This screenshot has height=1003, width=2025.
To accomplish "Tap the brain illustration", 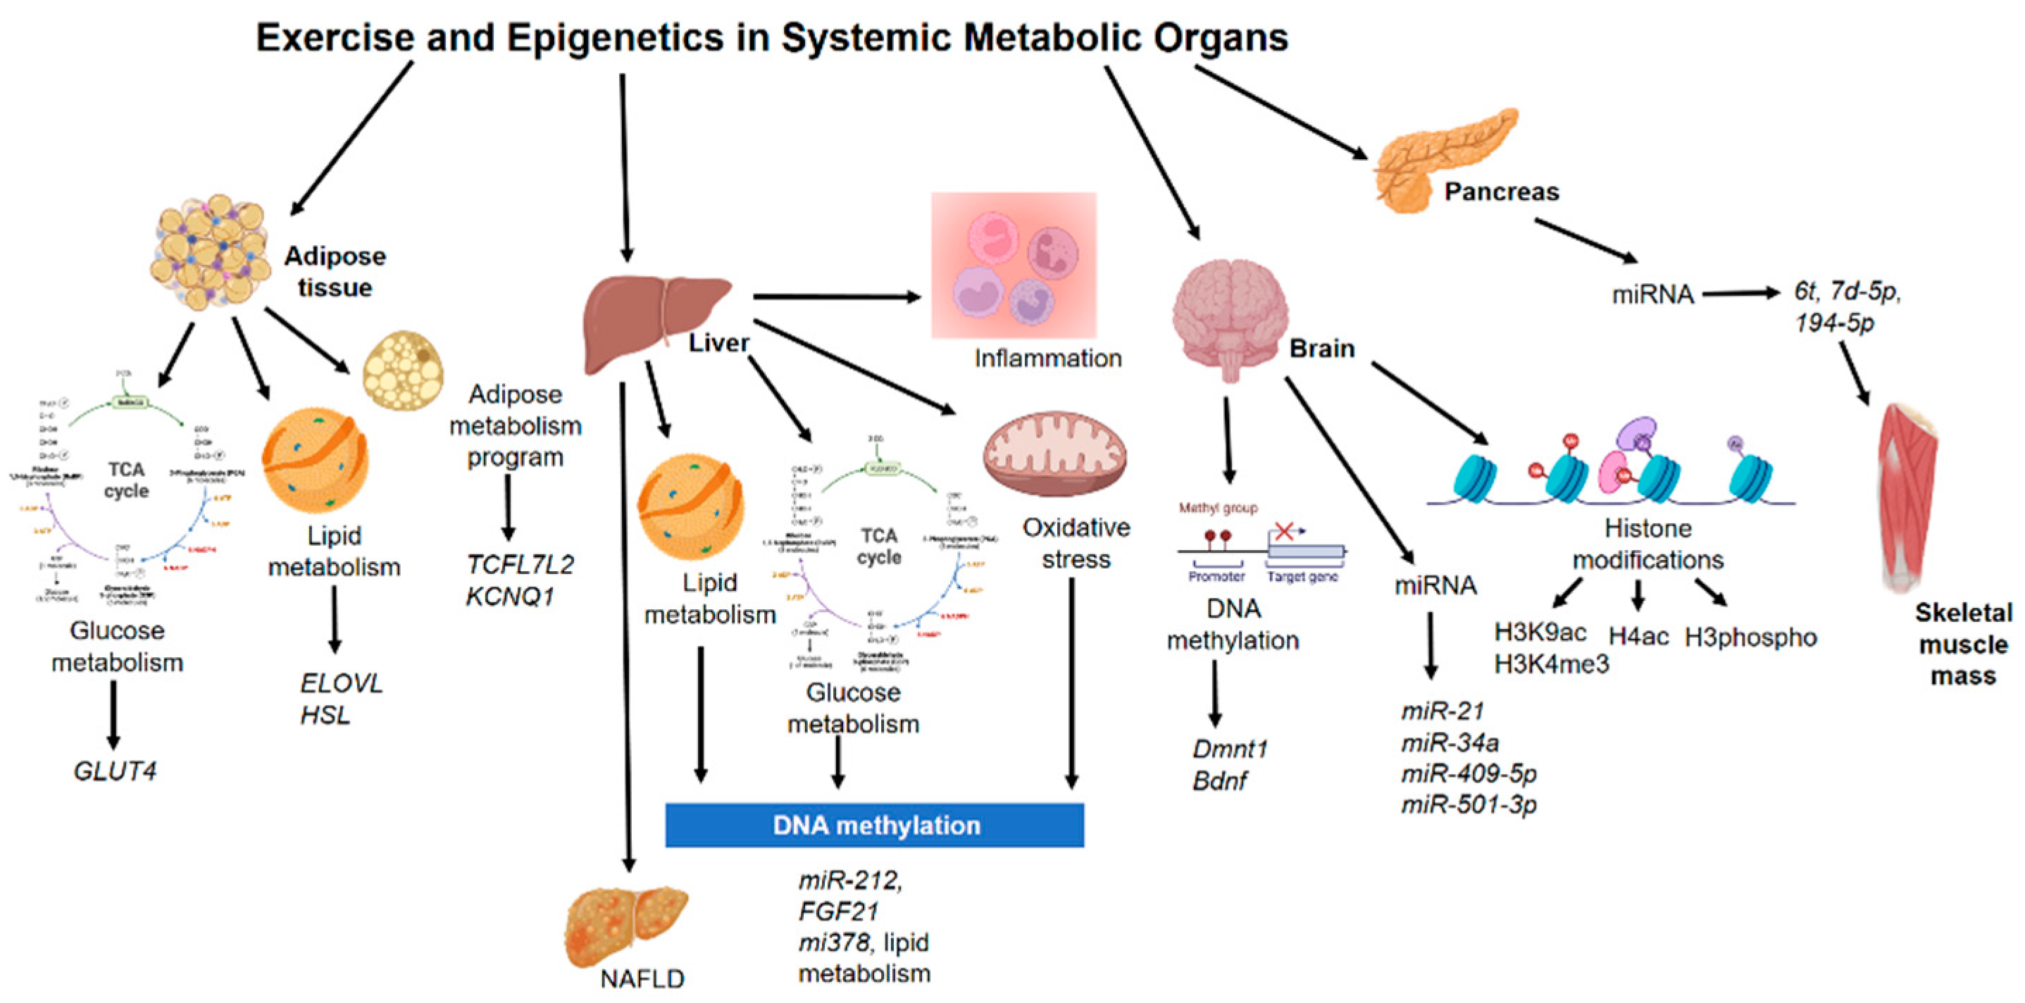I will pyautogui.click(x=1230, y=318).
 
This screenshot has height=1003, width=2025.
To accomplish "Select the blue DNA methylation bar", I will pyautogui.click(x=874, y=825).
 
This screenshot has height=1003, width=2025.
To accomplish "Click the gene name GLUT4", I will pyautogui.click(x=115, y=771).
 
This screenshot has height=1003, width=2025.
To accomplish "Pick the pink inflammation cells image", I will pyautogui.click(x=1014, y=265).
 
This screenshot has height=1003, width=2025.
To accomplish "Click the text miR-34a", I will pyautogui.click(x=1450, y=742).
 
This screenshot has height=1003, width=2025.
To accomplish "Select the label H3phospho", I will pyautogui.click(x=1750, y=637).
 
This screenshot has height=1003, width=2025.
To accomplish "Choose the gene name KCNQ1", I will pyautogui.click(x=510, y=597).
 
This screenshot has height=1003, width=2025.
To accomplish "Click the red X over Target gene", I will pyautogui.click(x=1284, y=531).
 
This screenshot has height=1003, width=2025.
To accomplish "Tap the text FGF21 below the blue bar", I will pyautogui.click(x=838, y=911).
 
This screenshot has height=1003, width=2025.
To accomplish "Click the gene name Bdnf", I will pyautogui.click(x=1219, y=780).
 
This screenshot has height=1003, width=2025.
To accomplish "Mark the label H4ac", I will pyautogui.click(x=1638, y=636).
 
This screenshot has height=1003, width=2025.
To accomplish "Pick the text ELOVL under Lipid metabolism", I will pyautogui.click(x=341, y=683).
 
